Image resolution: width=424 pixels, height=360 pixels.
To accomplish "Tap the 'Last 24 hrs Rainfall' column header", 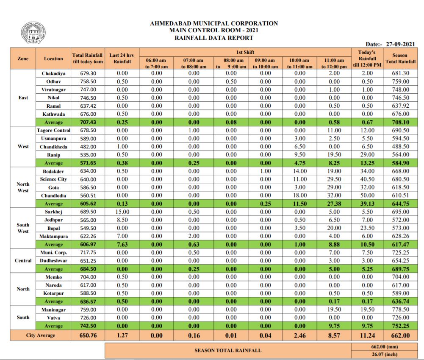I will pyautogui.click(x=122, y=59).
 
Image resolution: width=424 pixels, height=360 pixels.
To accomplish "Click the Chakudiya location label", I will pyautogui.click(x=53, y=73).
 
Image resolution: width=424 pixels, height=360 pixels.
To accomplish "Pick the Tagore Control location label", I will pyautogui.click(x=53, y=130).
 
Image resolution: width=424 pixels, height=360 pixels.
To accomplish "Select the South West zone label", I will pyautogui.click(x=23, y=228).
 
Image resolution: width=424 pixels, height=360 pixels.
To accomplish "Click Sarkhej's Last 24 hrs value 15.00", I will pyautogui.click(x=122, y=212).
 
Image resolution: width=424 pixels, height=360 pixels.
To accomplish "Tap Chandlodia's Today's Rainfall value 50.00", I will pyautogui.click(x=367, y=195).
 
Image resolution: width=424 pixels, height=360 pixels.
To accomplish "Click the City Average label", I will pyautogui.click(x=41, y=335).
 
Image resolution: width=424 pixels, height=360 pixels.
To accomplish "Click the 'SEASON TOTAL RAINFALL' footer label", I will pyautogui.click(x=228, y=350).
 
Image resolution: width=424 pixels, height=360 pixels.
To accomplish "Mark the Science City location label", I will pyautogui.click(x=53, y=179).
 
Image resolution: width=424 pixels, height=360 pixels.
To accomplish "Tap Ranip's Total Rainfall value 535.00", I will pyautogui.click(x=88, y=155).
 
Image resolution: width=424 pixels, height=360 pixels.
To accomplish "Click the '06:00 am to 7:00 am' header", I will pyautogui.click(x=156, y=64).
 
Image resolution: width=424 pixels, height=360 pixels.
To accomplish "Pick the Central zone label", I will pyautogui.click(x=23, y=260).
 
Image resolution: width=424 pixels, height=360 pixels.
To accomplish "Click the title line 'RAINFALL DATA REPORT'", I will pyautogui.click(x=214, y=38).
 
